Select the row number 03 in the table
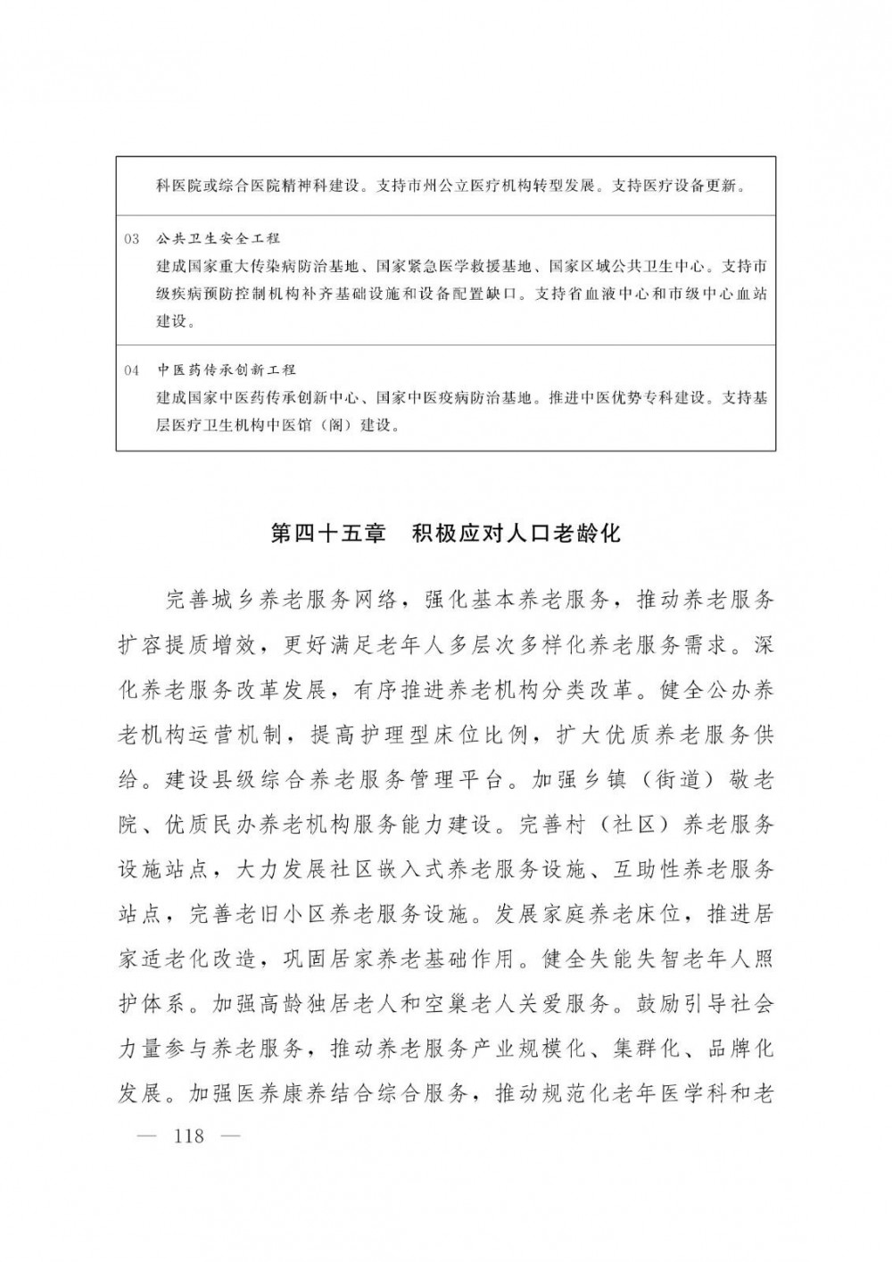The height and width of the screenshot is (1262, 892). click(x=133, y=239)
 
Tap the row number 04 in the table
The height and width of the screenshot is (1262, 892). click(x=133, y=369)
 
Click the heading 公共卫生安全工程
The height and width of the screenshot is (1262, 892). click(x=219, y=239)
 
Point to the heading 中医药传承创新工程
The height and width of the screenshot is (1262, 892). click(x=227, y=369)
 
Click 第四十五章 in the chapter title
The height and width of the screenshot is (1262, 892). click(x=327, y=535)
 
